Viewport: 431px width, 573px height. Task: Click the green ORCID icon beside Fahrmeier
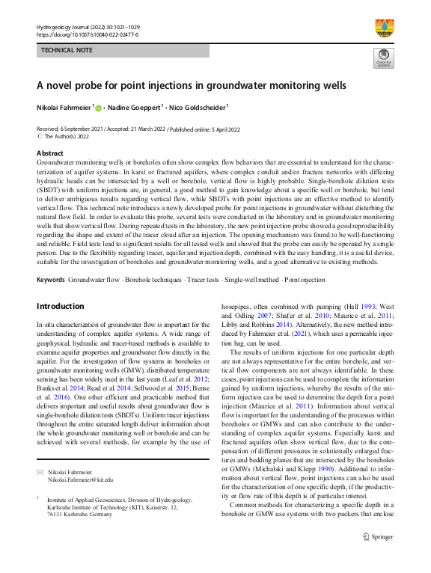(x=98, y=107)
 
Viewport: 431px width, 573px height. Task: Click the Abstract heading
(x=50, y=152)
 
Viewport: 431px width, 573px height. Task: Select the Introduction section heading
(x=61, y=306)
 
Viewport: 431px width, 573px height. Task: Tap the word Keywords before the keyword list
(x=51, y=280)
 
